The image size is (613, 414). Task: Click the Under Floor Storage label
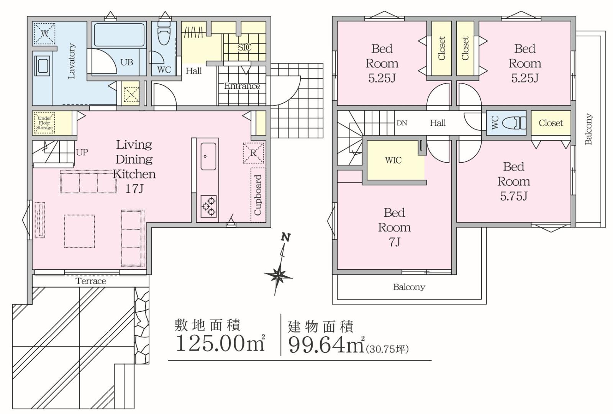(44, 123)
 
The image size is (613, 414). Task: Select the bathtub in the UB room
(119, 35)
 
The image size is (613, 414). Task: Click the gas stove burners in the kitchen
(208, 206)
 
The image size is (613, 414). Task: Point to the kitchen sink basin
(208, 156)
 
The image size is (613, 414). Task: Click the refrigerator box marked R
(253, 153)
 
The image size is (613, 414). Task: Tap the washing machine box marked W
(44, 34)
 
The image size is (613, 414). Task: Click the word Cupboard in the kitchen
(258, 195)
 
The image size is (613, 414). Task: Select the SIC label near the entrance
(244, 47)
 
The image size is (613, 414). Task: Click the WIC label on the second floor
(393, 160)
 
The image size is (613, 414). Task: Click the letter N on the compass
(286, 237)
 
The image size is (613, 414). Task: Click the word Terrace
(91, 281)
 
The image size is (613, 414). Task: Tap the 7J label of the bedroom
(394, 242)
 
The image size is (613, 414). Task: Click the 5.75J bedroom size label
(514, 196)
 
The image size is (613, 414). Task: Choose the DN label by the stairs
(402, 123)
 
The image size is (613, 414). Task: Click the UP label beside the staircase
(82, 152)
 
